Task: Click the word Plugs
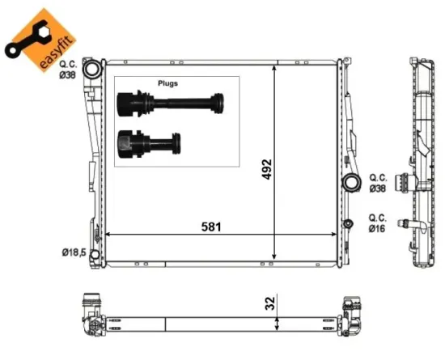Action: click(167, 83)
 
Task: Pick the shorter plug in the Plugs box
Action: click(149, 143)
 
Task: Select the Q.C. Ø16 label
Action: click(378, 223)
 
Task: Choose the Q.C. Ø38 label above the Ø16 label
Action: click(378, 183)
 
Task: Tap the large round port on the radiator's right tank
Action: click(351, 182)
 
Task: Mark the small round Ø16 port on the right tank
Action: click(349, 223)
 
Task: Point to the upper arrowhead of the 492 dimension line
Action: click(278, 68)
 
